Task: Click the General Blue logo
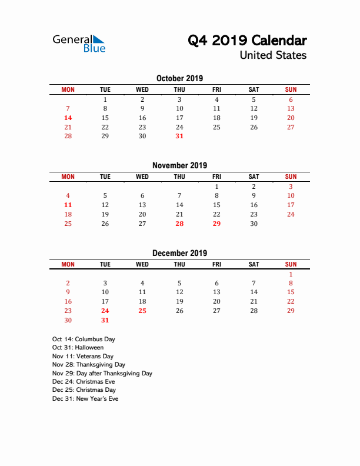click(79, 43)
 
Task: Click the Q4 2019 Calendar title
click(247, 41)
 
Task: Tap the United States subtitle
click(273, 55)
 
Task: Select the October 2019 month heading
click(179, 78)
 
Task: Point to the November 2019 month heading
click(179, 165)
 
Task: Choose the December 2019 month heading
click(179, 253)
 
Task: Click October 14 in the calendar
click(68, 118)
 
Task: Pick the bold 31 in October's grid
click(179, 137)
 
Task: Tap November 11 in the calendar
click(68, 205)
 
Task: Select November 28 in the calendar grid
click(179, 224)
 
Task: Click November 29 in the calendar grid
click(216, 224)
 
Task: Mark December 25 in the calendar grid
click(142, 311)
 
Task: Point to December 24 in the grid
click(105, 311)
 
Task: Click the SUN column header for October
click(291, 89)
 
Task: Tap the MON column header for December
click(68, 265)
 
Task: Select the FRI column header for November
click(216, 177)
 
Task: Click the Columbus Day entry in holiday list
click(84, 339)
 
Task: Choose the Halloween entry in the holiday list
click(78, 348)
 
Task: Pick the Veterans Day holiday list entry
click(83, 356)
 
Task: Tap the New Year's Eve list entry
click(85, 398)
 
